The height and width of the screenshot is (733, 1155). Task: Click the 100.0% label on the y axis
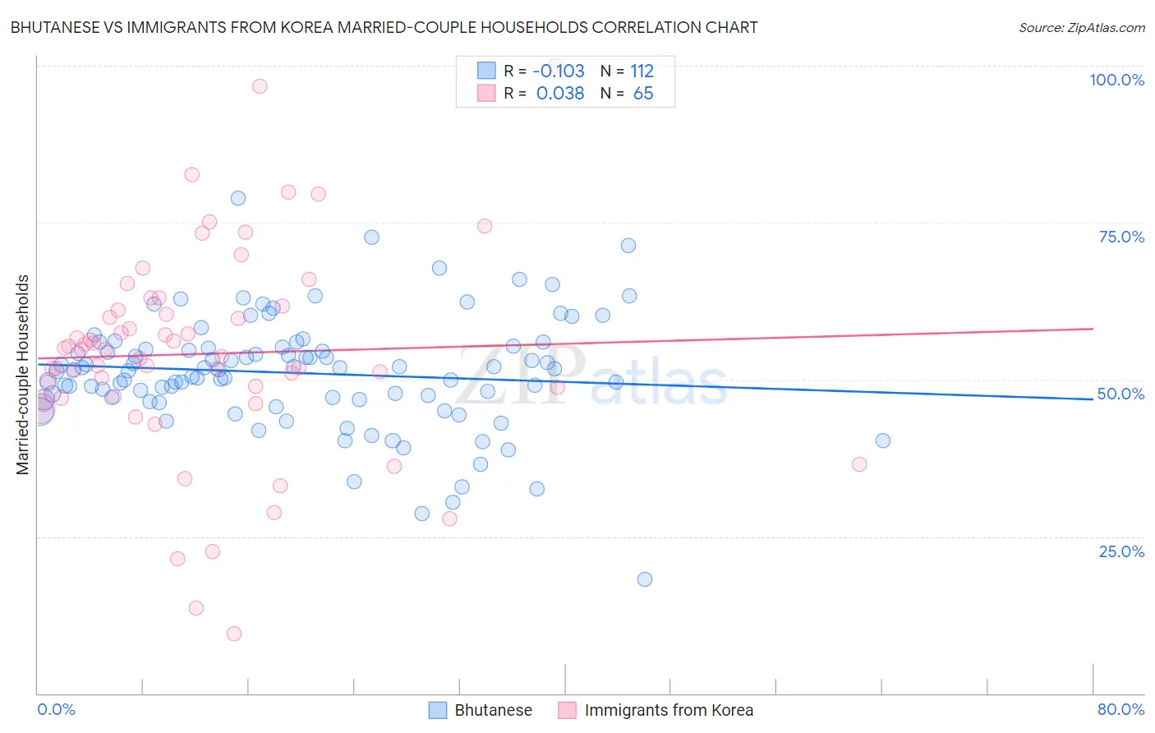[x=1116, y=80]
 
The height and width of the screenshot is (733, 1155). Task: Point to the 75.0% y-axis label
[x=1121, y=237]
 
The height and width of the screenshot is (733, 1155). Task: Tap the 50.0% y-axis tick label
[x=1120, y=394]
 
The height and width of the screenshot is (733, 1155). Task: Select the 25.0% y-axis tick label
[x=1121, y=551]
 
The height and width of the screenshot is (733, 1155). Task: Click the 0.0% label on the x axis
[x=56, y=709]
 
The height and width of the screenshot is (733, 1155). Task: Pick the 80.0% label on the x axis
[x=1120, y=709]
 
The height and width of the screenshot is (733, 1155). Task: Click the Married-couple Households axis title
[x=23, y=375]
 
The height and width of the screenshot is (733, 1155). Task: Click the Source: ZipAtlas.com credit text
[x=1081, y=28]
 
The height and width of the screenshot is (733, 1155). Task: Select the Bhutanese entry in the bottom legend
[x=493, y=710]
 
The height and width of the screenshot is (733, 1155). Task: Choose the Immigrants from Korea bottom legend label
[x=668, y=710]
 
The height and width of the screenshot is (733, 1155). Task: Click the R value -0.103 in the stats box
[x=559, y=71]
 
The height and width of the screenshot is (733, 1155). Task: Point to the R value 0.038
[x=560, y=94]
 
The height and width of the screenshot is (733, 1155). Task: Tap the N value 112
[x=642, y=71]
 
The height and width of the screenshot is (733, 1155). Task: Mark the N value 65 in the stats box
[x=643, y=94]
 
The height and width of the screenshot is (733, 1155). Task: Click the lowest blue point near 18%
[x=645, y=579]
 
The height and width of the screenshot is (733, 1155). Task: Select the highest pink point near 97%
[x=260, y=86]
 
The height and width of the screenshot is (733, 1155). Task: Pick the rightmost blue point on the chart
[x=883, y=440]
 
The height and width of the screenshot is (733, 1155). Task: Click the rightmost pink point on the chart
[x=859, y=464]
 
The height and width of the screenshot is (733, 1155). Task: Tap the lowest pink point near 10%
[x=234, y=634]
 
